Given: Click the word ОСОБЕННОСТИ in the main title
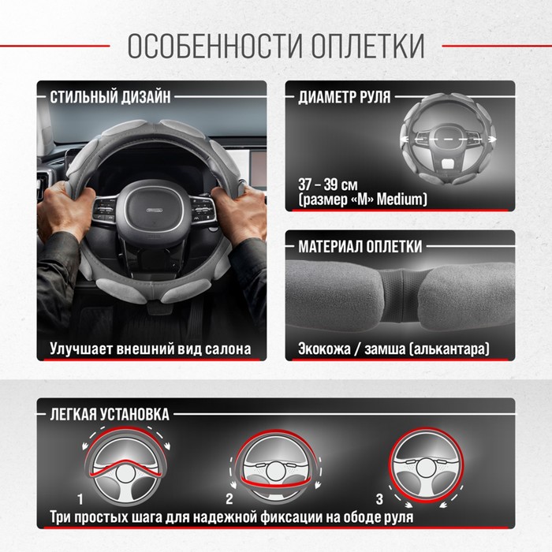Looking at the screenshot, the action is pos(215,46).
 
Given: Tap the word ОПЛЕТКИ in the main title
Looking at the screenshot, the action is pos(368,46).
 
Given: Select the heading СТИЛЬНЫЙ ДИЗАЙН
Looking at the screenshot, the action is pos(110,97).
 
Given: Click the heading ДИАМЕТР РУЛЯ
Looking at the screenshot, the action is pos(345,97).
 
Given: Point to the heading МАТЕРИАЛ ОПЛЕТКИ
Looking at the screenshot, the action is pos(360,246).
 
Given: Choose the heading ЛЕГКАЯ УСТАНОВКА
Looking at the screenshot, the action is pos(110,414).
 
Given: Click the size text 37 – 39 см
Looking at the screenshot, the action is pos(328,185).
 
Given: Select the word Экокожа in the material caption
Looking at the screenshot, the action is pos(324,349).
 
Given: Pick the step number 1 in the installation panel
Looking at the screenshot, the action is pos(80,499).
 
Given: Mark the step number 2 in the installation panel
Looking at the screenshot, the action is pos(229,499).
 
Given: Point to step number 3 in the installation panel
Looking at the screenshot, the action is pos(379,499).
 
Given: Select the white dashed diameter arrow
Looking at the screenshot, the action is pos(448,140).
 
